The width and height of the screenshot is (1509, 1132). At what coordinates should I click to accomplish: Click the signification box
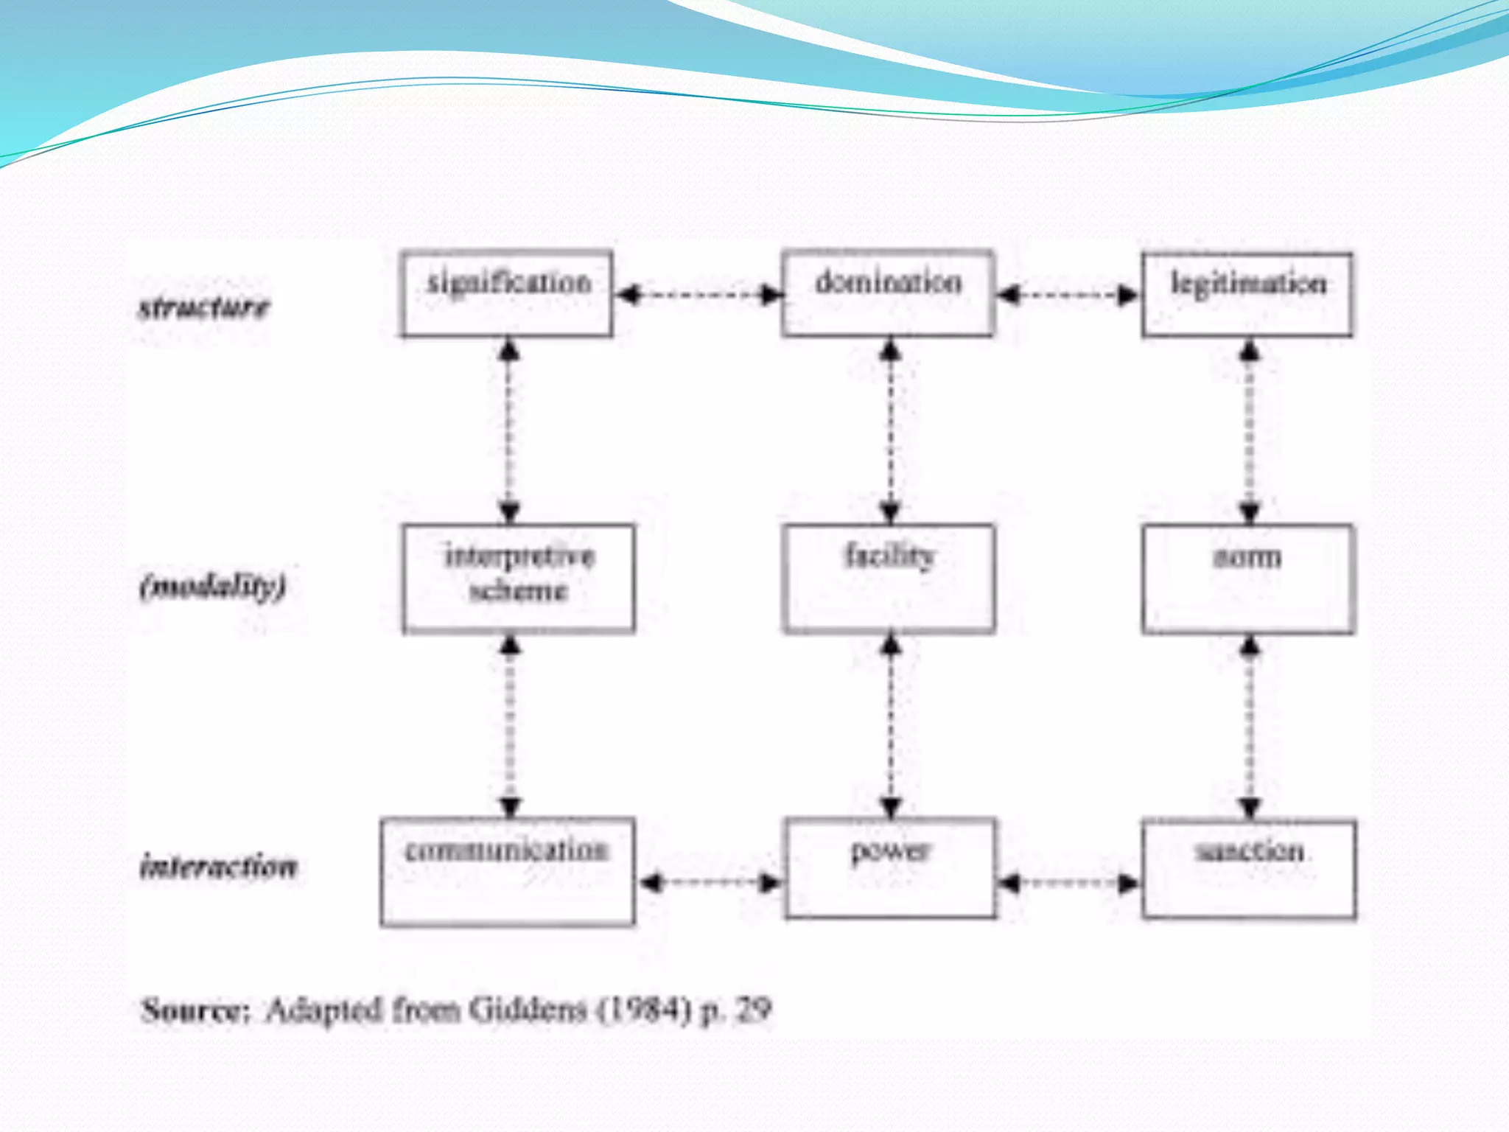(x=506, y=293)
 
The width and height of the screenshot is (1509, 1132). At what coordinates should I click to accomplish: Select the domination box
(x=888, y=293)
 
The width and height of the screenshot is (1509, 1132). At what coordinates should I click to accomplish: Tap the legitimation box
(x=1247, y=294)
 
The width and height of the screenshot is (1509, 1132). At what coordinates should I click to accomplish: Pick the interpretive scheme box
(x=518, y=578)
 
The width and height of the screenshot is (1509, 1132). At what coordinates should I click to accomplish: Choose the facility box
(x=889, y=578)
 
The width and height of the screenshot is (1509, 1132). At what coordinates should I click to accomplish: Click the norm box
(x=1248, y=579)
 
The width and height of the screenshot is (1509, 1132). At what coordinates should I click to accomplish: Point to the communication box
(x=508, y=871)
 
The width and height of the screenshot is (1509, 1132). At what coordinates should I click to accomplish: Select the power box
(x=890, y=868)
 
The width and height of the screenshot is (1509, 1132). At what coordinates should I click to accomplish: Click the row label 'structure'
(x=204, y=307)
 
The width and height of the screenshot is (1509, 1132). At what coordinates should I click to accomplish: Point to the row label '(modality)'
(x=212, y=587)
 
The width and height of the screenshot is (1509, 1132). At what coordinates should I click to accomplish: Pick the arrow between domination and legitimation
(x=1068, y=296)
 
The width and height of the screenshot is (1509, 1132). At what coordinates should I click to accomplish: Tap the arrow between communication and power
(x=710, y=882)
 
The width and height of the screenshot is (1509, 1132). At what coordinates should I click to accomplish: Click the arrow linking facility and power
(x=891, y=726)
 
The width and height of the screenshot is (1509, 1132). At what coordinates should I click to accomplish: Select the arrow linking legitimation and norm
(x=1249, y=430)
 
